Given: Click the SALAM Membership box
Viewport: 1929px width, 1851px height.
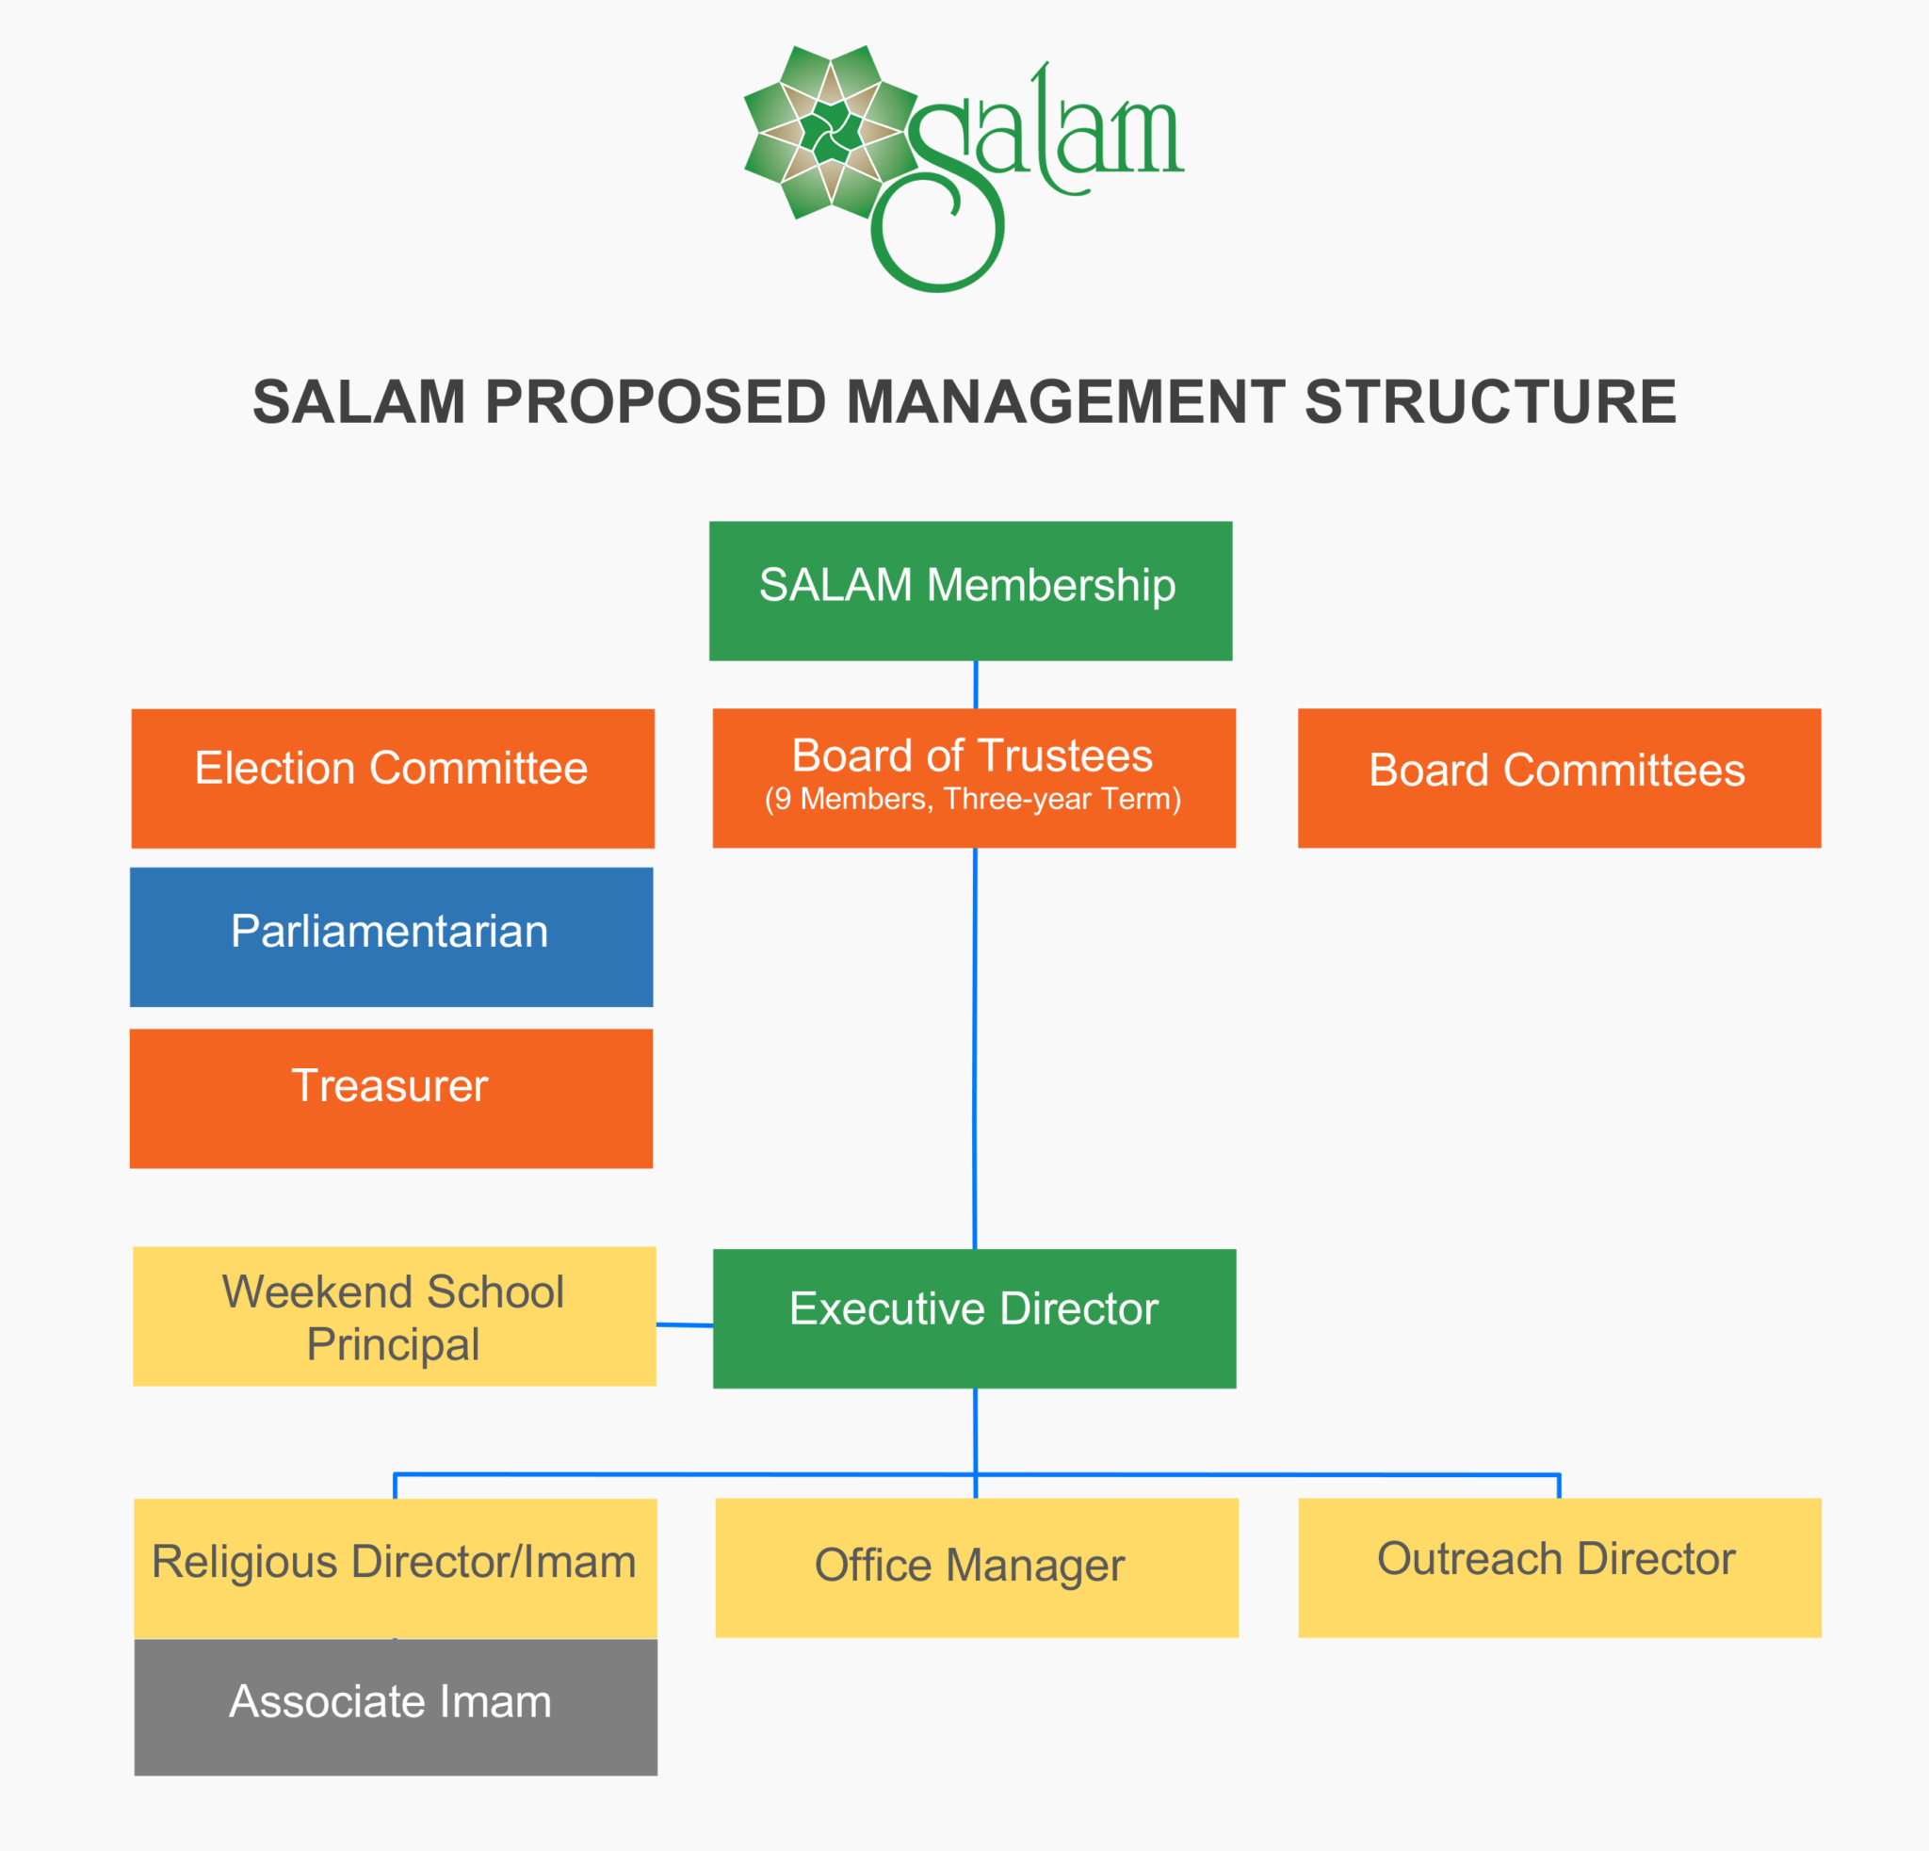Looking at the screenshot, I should tap(969, 591).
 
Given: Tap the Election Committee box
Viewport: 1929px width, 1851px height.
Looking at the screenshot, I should tap(392, 777).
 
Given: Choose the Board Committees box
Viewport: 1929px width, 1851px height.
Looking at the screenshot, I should tap(1558, 777).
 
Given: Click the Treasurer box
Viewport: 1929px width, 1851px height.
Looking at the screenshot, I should tap(391, 1097).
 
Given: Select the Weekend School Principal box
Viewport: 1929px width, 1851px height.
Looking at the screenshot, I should tap(394, 1316).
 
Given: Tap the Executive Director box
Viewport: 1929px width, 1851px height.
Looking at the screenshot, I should tap(973, 1318).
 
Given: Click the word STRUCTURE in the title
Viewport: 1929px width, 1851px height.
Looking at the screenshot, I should tap(1490, 402).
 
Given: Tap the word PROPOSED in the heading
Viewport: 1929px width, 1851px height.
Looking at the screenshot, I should tap(655, 402).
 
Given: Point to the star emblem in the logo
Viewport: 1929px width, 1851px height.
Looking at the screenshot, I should tap(831, 132).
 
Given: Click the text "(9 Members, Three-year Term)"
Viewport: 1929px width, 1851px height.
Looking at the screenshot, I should tap(972, 799).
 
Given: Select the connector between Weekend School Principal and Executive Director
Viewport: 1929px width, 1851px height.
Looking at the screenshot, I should tap(684, 1324).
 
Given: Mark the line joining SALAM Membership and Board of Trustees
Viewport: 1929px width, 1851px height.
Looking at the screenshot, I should tap(975, 684).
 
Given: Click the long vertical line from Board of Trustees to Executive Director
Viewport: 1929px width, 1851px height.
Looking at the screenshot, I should tap(974, 1048).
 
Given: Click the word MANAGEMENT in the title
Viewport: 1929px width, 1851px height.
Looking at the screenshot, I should tap(1065, 402).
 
